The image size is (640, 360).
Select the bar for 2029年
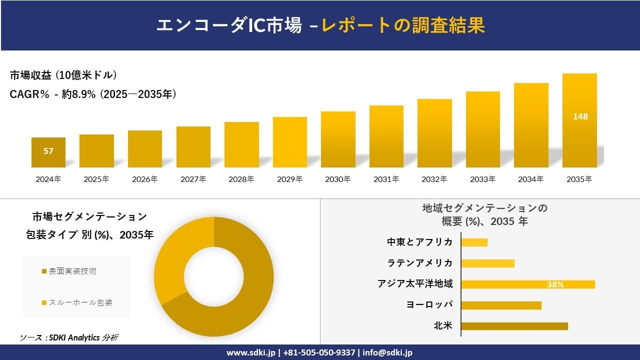(290, 142)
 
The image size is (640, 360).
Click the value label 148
(580, 116)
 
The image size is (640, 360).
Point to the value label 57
(48, 151)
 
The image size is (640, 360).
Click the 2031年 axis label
(386, 179)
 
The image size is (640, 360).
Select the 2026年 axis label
(145, 179)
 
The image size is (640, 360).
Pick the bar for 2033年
(483, 129)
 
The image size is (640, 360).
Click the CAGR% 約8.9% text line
(93, 94)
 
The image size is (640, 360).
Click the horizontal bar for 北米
(514, 326)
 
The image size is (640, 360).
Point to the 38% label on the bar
(555, 284)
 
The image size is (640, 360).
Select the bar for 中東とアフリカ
(474, 242)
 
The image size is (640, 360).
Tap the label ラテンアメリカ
(420, 263)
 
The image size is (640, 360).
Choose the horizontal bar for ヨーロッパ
(501, 305)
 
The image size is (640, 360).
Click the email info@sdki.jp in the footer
(387, 352)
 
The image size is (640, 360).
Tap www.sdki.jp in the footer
(250, 352)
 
